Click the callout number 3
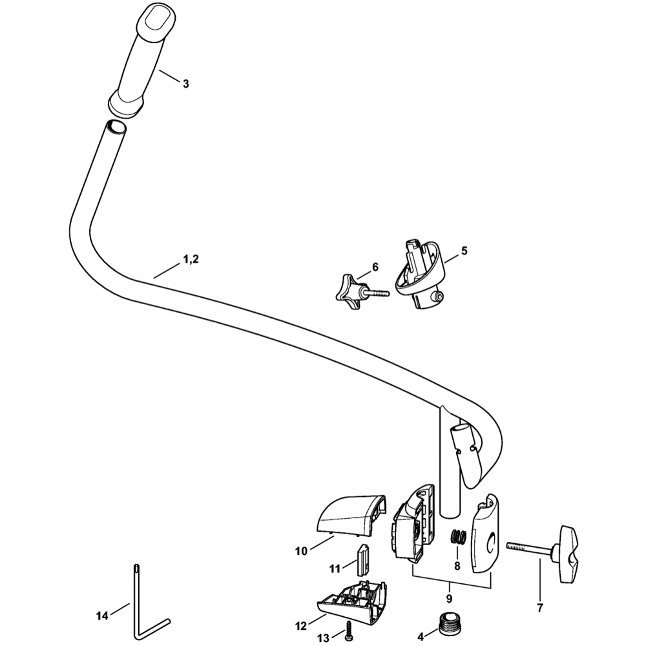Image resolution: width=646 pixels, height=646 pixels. pyautogui.click(x=186, y=83)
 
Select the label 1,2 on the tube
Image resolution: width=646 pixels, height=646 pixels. pyautogui.click(x=191, y=259)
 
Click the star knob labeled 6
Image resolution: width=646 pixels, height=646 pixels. pyautogui.click(x=348, y=289)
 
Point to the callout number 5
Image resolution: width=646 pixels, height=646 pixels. pyautogui.click(x=464, y=249)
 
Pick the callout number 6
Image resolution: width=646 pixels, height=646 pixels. pyautogui.click(x=375, y=266)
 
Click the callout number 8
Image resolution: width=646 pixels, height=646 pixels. pyautogui.click(x=457, y=566)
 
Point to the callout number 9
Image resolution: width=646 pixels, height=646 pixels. pyautogui.click(x=449, y=599)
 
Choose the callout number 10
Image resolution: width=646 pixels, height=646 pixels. pyautogui.click(x=302, y=551)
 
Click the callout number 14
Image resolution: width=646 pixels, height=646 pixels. pyautogui.click(x=102, y=616)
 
